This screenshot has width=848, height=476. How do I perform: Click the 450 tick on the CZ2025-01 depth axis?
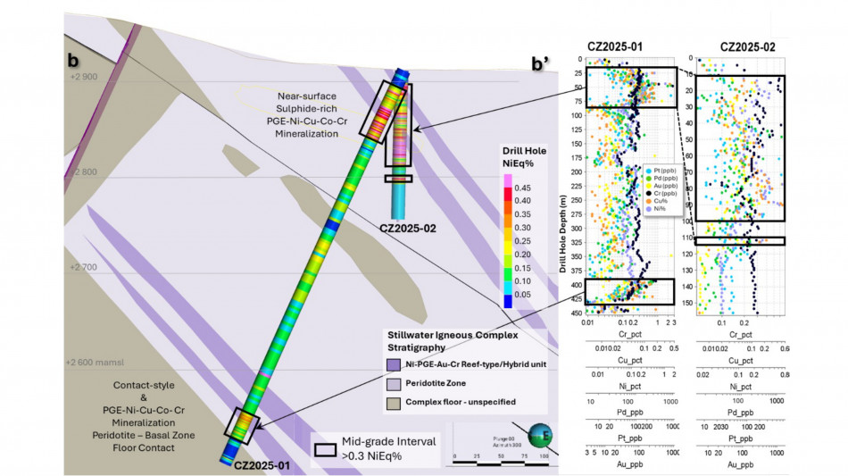point(578,313)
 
